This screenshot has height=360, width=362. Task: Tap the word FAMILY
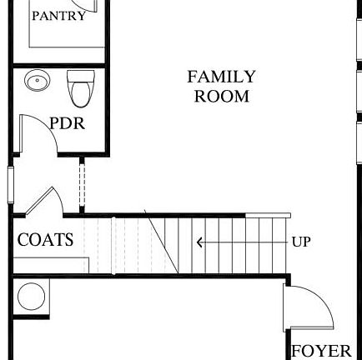click(x=221, y=77)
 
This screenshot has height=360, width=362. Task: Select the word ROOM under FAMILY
click(x=221, y=96)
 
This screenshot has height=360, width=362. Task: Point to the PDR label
click(x=68, y=122)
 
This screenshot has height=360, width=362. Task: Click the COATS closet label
click(x=46, y=240)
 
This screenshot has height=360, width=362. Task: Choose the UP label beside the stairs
click(x=301, y=242)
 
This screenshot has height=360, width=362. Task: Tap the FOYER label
click(x=321, y=350)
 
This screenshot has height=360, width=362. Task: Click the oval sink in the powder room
click(x=35, y=82)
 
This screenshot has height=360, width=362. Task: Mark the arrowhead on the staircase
click(x=199, y=242)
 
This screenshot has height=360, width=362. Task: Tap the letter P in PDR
click(x=54, y=122)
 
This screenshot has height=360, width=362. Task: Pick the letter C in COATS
click(x=23, y=240)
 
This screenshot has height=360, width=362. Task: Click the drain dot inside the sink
click(x=35, y=82)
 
